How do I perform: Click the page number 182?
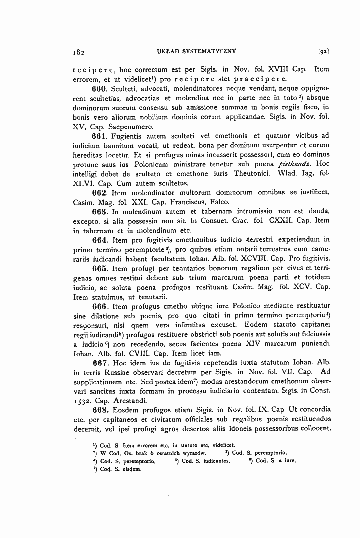click(x=77, y=51)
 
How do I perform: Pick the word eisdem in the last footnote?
click(x=132, y=469)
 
